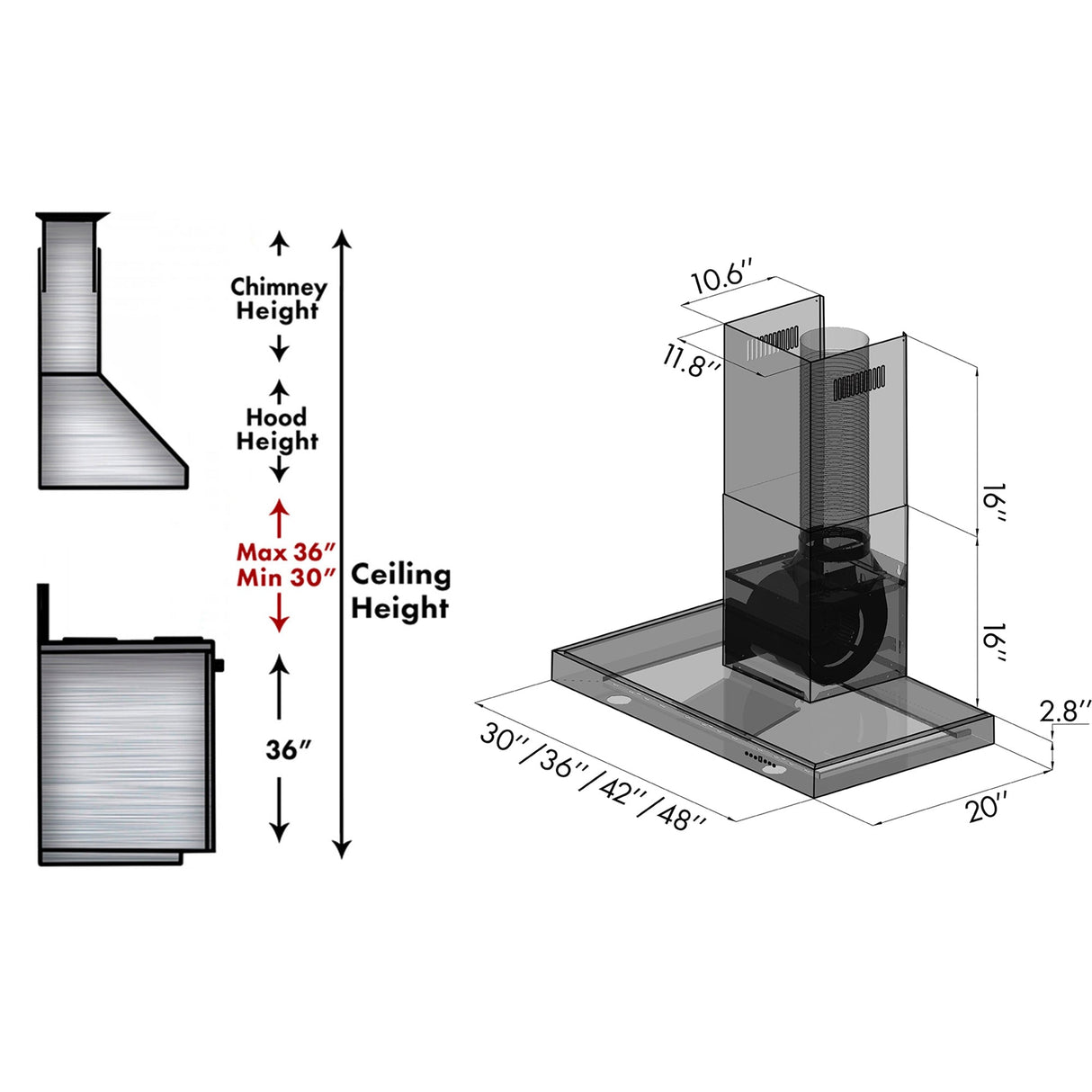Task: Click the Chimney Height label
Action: [279, 299]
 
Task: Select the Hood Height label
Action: [277, 429]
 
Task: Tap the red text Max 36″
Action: [286, 551]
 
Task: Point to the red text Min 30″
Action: [286, 577]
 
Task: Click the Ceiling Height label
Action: [399, 591]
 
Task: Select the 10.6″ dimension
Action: [721, 277]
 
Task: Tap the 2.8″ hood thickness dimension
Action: [1065, 711]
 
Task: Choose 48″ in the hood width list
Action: [681, 816]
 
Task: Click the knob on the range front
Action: [219, 666]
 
